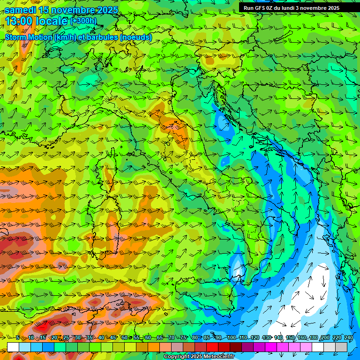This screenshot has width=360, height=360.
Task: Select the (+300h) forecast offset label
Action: [x=83, y=21]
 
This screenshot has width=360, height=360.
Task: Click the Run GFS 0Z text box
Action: [x=291, y=7]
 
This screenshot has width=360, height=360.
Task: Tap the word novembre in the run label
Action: [x=313, y=7]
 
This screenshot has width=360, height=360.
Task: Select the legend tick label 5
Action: [x=17, y=338]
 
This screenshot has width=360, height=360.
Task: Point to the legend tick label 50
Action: [x=124, y=338]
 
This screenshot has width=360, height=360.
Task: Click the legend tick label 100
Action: [x=231, y=338]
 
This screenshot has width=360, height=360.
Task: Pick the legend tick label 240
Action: [x=348, y=338]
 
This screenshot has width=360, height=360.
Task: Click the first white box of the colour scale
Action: [x=13, y=347]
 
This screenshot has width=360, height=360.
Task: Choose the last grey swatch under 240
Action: [x=341, y=347]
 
